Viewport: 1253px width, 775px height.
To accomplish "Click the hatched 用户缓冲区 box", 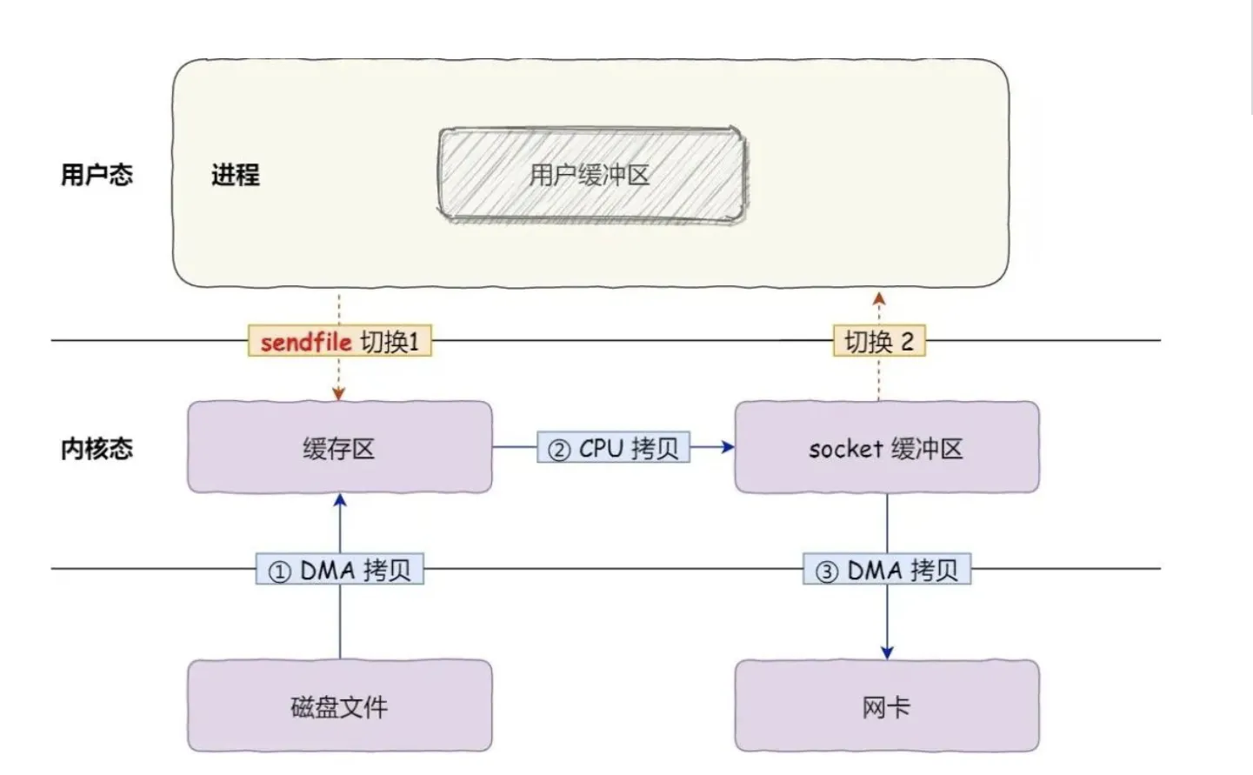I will (x=591, y=175).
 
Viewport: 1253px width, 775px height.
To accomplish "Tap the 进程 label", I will (x=235, y=175).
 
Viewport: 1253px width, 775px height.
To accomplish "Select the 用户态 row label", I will (x=97, y=175).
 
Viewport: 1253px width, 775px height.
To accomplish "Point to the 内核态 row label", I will (x=97, y=449).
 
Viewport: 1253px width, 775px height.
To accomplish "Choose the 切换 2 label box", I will (x=879, y=342).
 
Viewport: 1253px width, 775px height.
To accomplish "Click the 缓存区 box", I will (x=339, y=448).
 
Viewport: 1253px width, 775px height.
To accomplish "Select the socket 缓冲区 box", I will (x=886, y=448).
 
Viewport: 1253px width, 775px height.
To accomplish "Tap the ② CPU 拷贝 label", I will (x=614, y=448).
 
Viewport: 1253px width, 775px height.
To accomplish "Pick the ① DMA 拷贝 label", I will (x=340, y=571).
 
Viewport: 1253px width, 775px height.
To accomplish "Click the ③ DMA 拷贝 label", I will (x=887, y=571).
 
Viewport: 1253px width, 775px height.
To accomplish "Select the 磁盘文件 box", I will (x=339, y=706).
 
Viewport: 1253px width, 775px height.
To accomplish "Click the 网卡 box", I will (x=886, y=706).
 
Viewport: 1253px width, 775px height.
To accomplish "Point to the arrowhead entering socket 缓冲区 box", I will (x=727, y=447).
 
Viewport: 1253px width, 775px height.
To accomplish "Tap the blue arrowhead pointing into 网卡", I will (x=887, y=652).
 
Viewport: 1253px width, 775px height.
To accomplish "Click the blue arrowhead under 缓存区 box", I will (x=340, y=501).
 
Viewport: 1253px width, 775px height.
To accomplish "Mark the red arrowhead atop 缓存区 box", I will (x=339, y=394).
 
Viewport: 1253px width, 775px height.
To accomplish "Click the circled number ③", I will (x=827, y=571).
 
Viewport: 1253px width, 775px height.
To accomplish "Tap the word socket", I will (x=846, y=449).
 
